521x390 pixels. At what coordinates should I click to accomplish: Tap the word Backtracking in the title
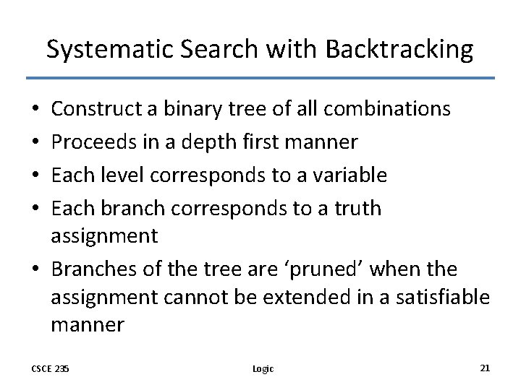coord(399,49)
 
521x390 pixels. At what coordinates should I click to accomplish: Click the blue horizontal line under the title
coord(260,77)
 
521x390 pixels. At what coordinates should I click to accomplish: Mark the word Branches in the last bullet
coord(92,269)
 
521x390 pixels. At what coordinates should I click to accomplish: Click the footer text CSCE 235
coord(51,368)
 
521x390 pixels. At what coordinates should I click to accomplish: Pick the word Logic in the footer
coord(263,368)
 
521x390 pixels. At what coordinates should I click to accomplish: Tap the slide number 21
coord(485,368)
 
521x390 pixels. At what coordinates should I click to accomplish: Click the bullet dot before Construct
coord(36,110)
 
